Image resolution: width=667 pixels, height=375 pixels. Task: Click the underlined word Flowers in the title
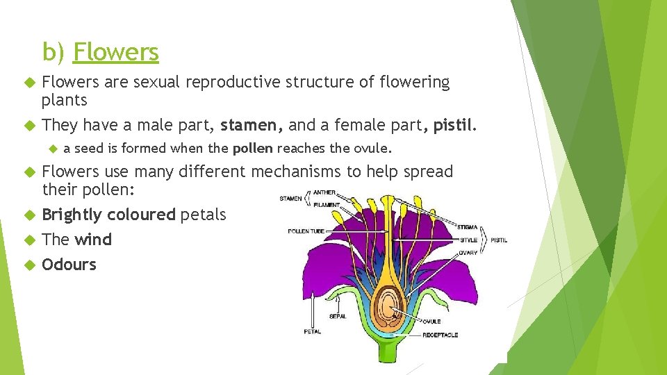coord(116,52)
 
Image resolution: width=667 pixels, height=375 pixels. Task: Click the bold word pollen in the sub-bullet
coord(254,148)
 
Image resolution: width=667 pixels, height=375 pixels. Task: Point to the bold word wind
coord(93,240)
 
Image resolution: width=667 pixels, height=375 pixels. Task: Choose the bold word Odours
coord(69,265)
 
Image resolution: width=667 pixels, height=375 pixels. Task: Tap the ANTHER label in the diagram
coord(324,192)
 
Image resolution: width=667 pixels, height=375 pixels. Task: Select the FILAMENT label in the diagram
coord(327,205)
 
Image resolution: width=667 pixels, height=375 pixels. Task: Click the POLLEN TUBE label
coord(307,231)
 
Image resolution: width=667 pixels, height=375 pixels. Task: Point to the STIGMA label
coord(467,226)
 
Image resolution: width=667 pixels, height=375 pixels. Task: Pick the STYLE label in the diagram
coord(469,240)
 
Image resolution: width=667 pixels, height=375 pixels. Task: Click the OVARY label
coord(468,253)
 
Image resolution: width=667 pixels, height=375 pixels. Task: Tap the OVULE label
coord(431,322)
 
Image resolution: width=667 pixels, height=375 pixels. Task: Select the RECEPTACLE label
coord(440,335)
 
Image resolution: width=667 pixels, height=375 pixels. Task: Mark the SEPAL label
coord(337,316)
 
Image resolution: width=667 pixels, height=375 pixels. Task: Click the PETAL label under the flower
coord(312,331)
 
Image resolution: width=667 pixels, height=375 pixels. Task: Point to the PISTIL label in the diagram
coord(500,240)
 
